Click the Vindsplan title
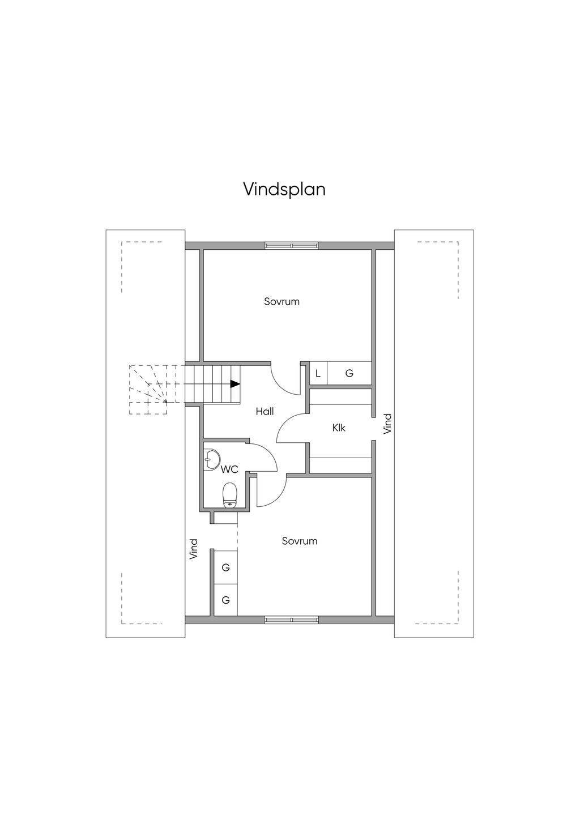coord(284,189)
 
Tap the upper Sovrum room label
coord(282,301)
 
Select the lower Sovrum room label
coord(300,541)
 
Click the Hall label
coord(265,411)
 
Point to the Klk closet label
coord(339,428)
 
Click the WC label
coord(229,469)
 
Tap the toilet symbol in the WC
coord(229,495)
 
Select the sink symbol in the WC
coord(211,459)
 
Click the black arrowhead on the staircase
coord(234,383)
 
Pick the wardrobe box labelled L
coord(318,374)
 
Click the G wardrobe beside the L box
coord(349,374)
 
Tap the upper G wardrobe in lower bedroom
coord(225,567)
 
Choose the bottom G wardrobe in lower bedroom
coord(225,600)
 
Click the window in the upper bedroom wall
coord(292,246)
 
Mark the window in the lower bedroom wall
coord(292,620)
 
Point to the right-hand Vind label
coord(387,424)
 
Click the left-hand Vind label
coord(194,549)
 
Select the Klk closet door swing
coord(290,428)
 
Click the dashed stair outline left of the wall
coord(148,390)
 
